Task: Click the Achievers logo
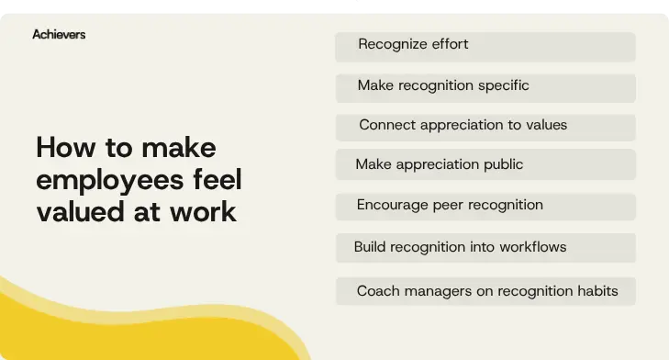pyautogui.click(x=59, y=34)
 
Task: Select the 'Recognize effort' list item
pyautogui.click(x=485, y=46)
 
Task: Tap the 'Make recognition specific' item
pyautogui.click(x=485, y=86)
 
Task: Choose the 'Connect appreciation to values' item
pyautogui.click(x=485, y=126)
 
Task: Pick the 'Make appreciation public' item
pyautogui.click(x=485, y=165)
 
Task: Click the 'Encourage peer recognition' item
pyautogui.click(x=485, y=206)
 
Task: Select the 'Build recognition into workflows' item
pyautogui.click(x=485, y=247)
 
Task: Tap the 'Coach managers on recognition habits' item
pyautogui.click(x=485, y=292)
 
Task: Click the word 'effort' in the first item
pyautogui.click(x=448, y=45)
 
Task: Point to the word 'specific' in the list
pyautogui.click(x=503, y=85)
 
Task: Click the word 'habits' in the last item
pyautogui.click(x=596, y=292)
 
